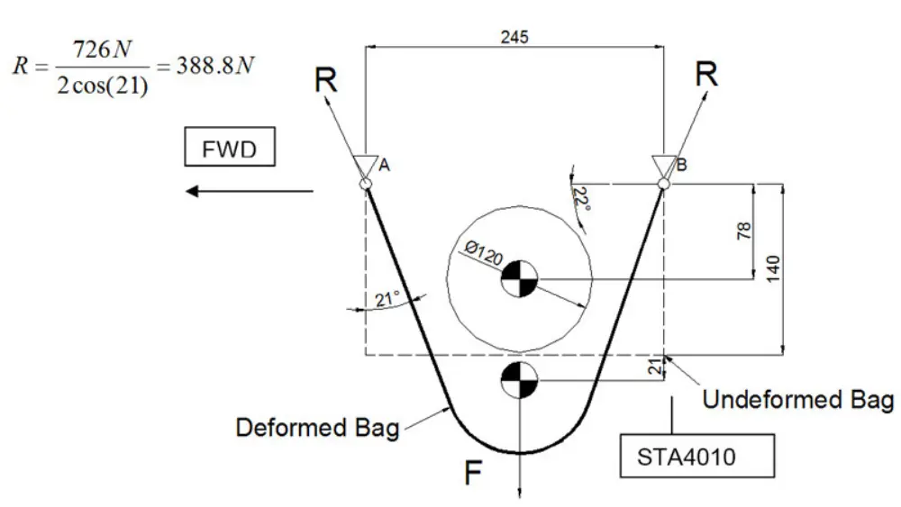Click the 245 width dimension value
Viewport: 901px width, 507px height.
(x=514, y=37)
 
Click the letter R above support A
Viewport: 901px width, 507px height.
(x=326, y=81)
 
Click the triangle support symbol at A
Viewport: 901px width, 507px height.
(x=367, y=166)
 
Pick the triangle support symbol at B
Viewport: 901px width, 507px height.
(x=664, y=166)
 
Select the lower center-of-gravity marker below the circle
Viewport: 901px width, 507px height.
(x=520, y=380)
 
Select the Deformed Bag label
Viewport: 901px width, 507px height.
(x=317, y=427)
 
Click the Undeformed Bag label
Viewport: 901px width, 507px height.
(x=797, y=398)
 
